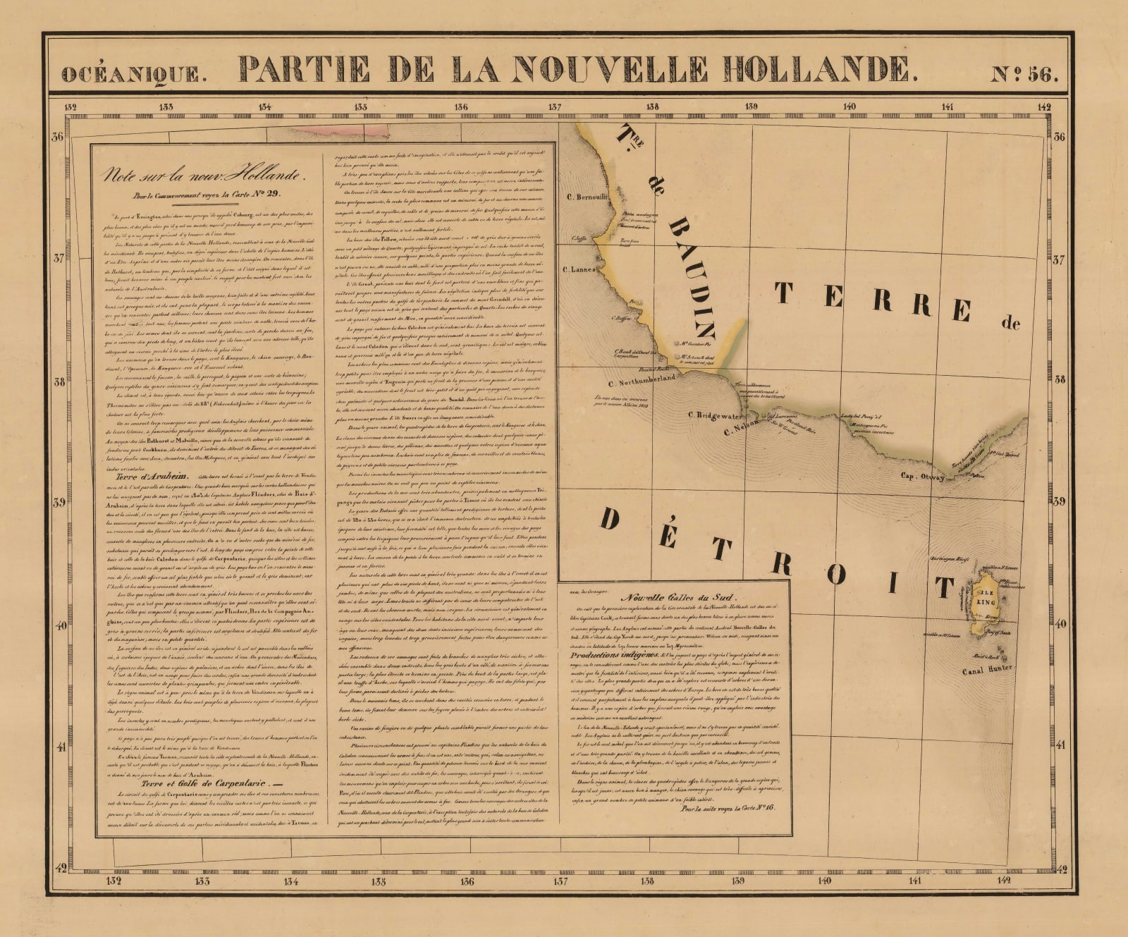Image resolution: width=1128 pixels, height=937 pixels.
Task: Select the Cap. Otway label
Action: (x=922, y=476)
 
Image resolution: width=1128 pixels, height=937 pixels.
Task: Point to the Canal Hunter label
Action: (x=987, y=668)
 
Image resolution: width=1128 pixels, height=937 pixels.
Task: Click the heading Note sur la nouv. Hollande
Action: (x=202, y=175)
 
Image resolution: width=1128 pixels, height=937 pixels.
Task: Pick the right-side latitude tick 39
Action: (x=1058, y=502)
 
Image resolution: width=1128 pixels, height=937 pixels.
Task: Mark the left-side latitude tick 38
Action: (x=59, y=382)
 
